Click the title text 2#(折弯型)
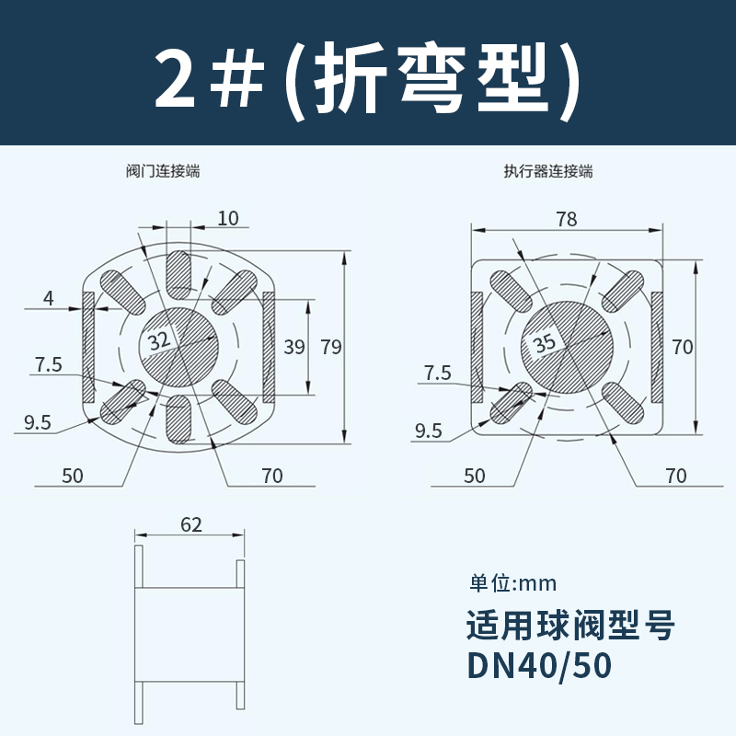(368, 80)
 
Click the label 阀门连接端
(163, 171)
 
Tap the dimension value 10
(228, 218)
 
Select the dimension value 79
(330, 347)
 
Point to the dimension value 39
(293, 347)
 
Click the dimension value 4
(49, 297)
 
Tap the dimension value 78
(567, 219)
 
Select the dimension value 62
(191, 525)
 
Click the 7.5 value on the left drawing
(49, 364)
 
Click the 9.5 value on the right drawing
(429, 430)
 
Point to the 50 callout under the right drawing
(474, 476)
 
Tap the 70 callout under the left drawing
(272, 476)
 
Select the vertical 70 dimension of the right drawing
(682, 347)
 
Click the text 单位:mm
(513, 583)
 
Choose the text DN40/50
(538, 663)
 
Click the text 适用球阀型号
(571, 627)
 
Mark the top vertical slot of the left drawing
(180, 272)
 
